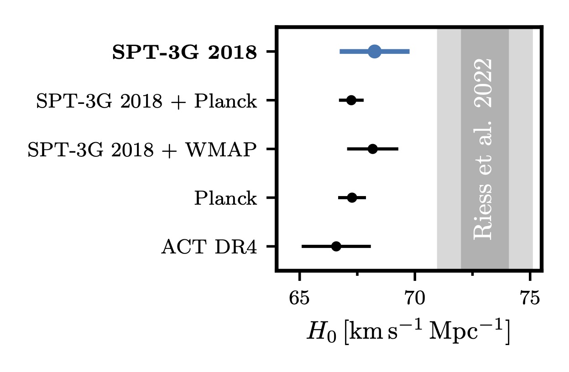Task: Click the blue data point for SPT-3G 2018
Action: click(374, 52)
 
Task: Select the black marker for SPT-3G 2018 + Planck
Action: click(351, 100)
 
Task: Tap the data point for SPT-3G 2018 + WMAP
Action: click(372, 149)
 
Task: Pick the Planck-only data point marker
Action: click(352, 197)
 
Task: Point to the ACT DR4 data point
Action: click(336, 246)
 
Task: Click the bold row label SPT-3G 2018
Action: click(184, 53)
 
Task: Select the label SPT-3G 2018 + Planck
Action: click(146, 101)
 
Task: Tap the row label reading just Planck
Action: click(225, 199)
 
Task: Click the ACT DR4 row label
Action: click(209, 247)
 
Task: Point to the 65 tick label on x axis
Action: click(299, 300)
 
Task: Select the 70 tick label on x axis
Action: click(414, 300)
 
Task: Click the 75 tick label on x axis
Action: click(530, 300)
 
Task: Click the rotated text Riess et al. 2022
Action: click(484, 148)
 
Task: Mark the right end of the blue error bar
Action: click(409, 52)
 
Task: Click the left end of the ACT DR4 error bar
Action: click(303, 246)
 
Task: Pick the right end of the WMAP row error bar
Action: click(398, 149)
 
